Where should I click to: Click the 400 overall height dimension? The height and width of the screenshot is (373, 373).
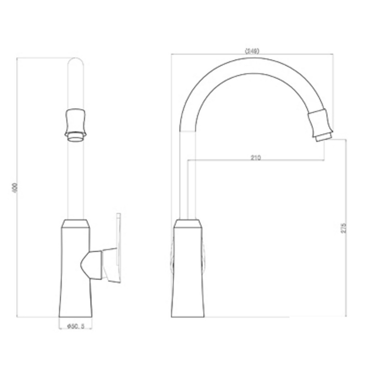pos(15,188)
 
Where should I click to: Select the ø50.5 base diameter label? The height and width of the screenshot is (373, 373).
pos(75,327)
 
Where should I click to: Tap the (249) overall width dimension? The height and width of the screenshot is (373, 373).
pos(252,51)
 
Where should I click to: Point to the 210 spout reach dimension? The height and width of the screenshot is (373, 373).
pos(256,157)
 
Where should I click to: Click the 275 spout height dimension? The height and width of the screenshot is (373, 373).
pos(344,228)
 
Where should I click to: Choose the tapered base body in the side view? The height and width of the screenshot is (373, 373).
pos(188,273)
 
